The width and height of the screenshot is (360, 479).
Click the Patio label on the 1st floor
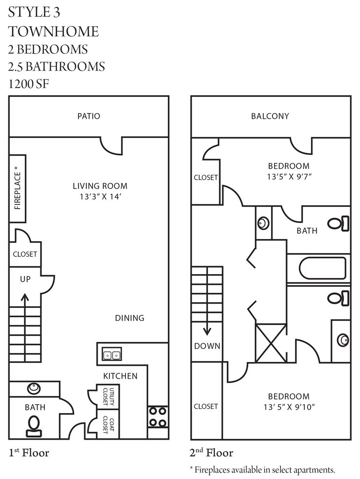click(x=89, y=116)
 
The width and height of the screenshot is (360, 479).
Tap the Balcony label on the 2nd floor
click(x=270, y=116)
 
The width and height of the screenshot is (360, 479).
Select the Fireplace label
click(x=18, y=188)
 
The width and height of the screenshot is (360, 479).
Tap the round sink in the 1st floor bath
click(x=34, y=388)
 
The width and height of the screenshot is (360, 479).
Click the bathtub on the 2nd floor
click(x=323, y=268)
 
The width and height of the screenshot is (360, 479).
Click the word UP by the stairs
click(x=25, y=279)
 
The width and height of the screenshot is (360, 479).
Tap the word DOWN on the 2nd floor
click(x=207, y=346)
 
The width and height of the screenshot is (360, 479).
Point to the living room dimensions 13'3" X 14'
click(x=100, y=197)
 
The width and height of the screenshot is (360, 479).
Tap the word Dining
click(x=130, y=318)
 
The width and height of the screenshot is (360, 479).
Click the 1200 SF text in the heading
click(x=29, y=84)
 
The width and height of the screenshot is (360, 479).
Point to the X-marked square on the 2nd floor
click(x=271, y=342)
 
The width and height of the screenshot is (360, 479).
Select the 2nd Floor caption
click(x=211, y=453)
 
